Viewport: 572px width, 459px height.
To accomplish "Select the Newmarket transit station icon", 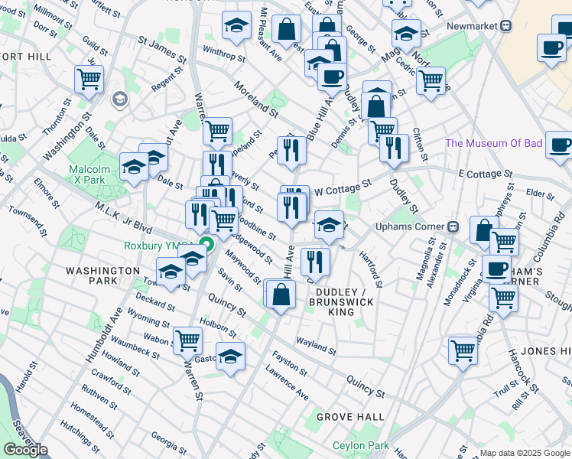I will point(506,25).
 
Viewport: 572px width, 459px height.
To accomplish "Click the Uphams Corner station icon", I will point(453,226).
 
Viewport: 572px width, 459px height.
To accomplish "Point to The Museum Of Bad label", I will point(494,143).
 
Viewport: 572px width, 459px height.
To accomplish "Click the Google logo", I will point(25,450).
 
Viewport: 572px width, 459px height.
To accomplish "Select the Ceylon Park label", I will point(359,446).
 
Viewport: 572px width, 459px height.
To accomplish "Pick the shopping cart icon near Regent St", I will point(89,78).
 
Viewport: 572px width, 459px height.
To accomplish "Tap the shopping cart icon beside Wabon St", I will point(187,339).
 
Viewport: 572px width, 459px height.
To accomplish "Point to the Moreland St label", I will point(255,99).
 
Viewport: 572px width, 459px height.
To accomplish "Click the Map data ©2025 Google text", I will point(524,453).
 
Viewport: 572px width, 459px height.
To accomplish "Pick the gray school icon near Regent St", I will point(119,99).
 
